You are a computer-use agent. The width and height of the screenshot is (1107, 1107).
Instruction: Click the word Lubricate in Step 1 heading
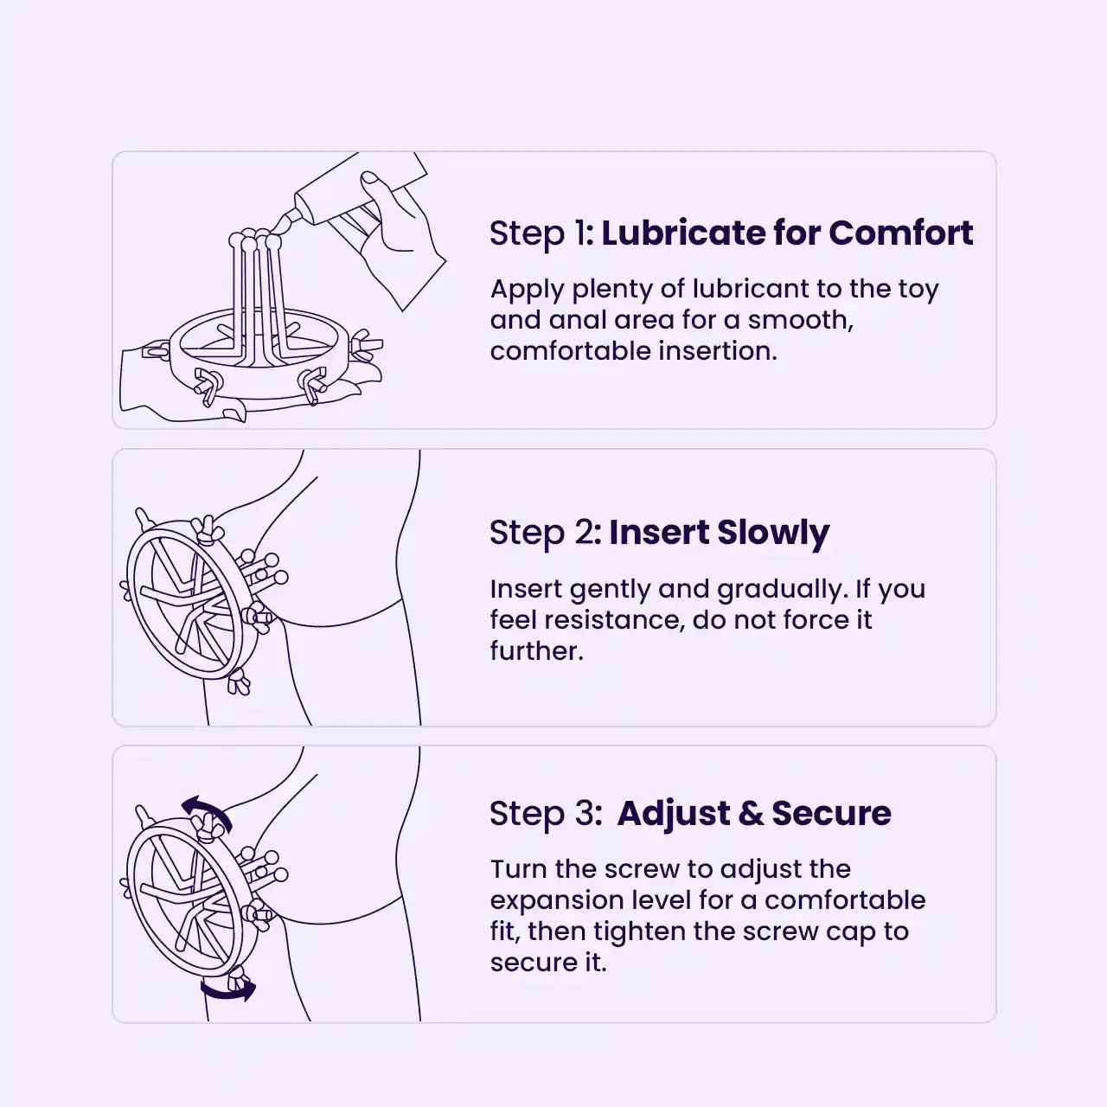[682, 233]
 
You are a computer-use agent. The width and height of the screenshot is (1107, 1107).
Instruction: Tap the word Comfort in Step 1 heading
[901, 233]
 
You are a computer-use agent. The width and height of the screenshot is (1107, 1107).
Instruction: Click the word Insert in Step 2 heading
[659, 532]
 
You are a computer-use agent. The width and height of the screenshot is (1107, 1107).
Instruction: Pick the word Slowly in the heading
[773, 534]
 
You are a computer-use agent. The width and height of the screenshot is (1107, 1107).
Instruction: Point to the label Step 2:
[545, 533]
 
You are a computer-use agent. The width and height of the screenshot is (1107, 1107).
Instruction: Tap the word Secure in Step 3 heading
[831, 814]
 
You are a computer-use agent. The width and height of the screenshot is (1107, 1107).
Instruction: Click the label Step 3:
[546, 814]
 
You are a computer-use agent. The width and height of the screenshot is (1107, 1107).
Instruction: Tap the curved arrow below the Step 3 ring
[228, 989]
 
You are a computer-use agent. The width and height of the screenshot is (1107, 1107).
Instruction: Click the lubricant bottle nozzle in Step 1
[284, 221]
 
